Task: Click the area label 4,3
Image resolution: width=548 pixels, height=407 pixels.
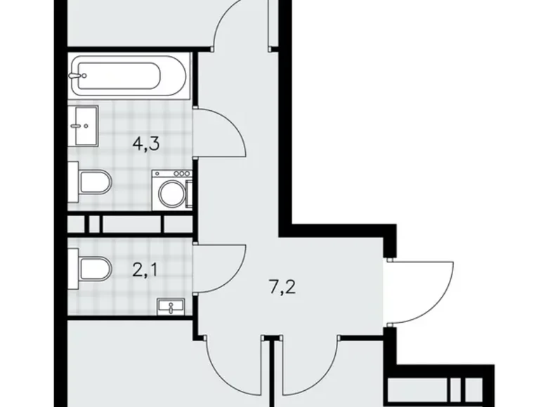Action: (147, 144)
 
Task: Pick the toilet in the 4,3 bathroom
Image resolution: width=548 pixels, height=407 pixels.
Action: (94, 182)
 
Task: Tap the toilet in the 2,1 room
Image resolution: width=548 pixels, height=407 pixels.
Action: (94, 268)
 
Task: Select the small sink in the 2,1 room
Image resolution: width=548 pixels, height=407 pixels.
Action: (171, 307)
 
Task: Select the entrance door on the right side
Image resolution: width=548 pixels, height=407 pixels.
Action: (422, 289)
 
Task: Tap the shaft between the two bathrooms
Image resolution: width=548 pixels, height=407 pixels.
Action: (130, 224)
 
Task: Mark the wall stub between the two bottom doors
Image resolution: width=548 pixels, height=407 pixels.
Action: (274, 372)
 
